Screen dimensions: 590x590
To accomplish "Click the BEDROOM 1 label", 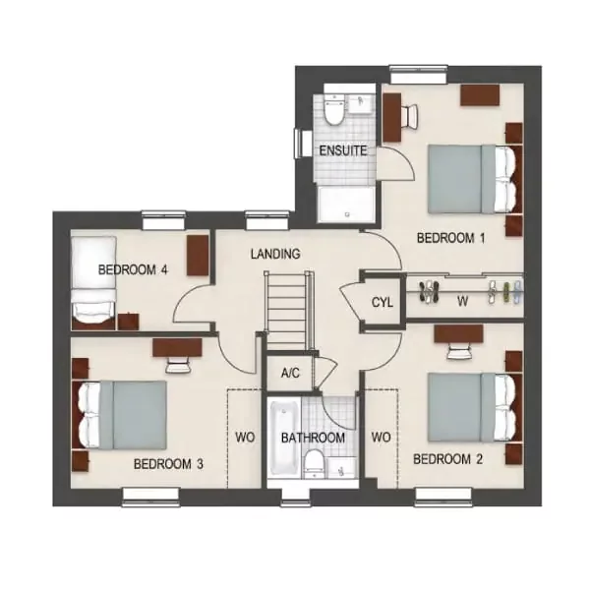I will tap(451, 238).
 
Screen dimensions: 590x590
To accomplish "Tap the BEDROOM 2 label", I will tap(447, 459).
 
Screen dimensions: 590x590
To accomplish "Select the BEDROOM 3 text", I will tap(168, 464).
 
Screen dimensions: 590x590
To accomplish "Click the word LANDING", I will tap(275, 255).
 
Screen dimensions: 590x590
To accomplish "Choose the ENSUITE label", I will tap(342, 151).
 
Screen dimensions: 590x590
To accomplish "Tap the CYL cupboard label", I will tap(383, 303).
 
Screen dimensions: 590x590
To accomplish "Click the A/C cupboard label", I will tap(290, 374).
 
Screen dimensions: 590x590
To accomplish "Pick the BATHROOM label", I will tap(313, 438).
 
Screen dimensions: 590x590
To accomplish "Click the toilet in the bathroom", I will tap(313, 463).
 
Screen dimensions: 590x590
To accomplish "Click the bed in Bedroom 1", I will tap(470, 177).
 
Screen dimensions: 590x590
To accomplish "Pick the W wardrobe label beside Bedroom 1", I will tap(462, 303).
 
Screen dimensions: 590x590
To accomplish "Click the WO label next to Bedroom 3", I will tap(244, 438).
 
